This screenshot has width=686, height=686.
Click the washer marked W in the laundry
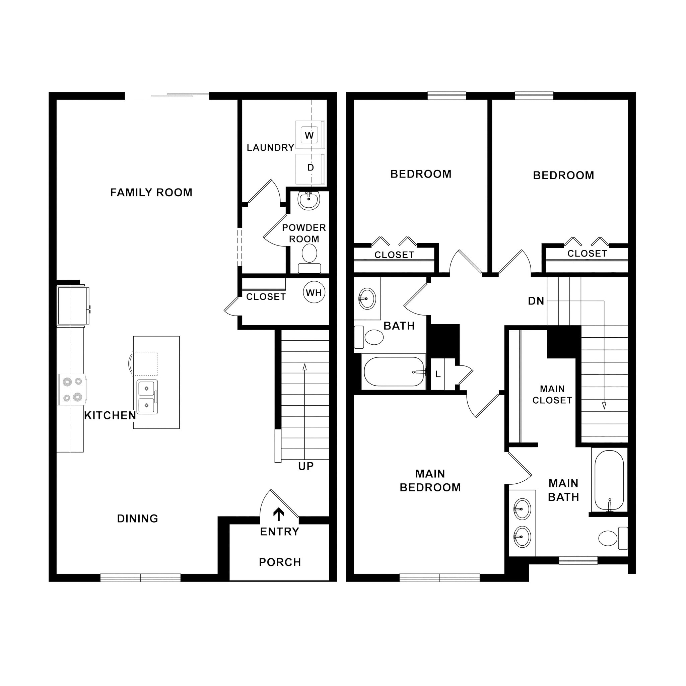click(x=309, y=135)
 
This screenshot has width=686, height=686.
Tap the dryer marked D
click(x=310, y=168)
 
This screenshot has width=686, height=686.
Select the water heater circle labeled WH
click(x=314, y=293)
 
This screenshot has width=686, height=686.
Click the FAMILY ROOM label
click(x=151, y=193)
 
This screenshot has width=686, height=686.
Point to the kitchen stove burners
click(x=72, y=390)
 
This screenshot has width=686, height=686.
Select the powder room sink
click(x=308, y=200)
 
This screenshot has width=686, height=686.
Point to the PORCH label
click(x=280, y=562)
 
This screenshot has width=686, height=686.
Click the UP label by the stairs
click(x=306, y=466)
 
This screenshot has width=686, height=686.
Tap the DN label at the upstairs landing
click(x=536, y=301)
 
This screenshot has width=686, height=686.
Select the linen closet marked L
click(x=438, y=374)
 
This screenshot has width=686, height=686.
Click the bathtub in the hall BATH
click(x=394, y=372)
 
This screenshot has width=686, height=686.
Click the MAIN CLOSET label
click(x=552, y=395)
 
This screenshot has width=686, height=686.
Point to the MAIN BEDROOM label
click(x=430, y=481)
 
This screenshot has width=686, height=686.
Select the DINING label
click(x=137, y=519)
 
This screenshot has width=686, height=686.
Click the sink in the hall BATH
click(x=367, y=299)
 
